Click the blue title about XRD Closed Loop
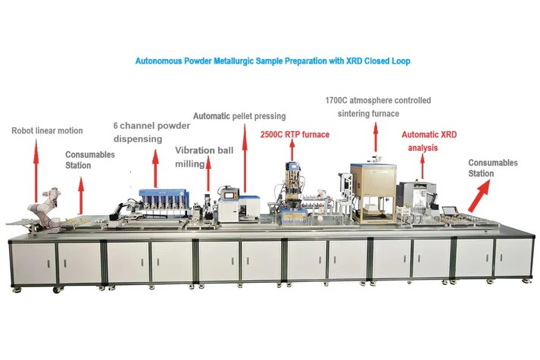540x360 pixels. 273,61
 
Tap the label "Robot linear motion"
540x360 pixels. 47,131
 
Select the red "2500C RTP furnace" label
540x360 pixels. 295,134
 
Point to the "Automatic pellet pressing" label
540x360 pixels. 239,116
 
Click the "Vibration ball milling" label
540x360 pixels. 204,157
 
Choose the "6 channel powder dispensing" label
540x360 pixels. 151,133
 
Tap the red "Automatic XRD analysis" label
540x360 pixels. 429,141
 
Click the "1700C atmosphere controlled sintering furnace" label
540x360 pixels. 378,107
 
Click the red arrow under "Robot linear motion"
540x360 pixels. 36,171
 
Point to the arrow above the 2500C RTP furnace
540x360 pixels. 292,151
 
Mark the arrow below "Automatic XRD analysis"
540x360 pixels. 423,167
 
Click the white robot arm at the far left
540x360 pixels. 45,208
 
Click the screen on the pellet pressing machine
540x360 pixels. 228,196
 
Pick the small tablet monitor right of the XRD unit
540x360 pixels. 449,211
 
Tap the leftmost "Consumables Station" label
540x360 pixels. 90,160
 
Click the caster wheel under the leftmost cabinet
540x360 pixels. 56,290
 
